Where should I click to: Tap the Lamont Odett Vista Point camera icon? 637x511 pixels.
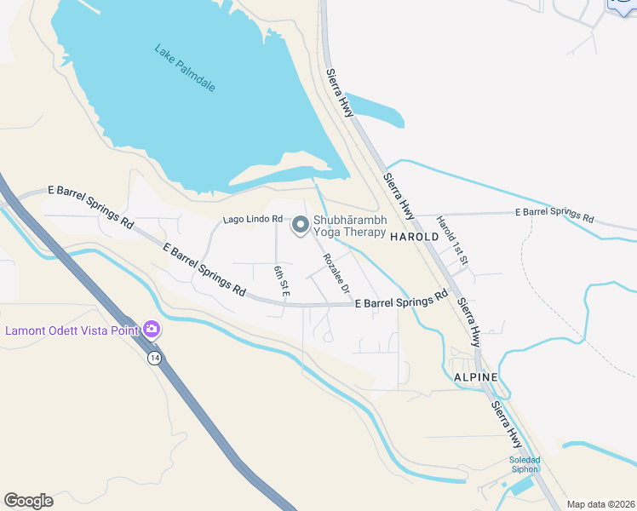click(x=152, y=328)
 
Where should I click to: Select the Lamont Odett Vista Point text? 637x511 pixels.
click(x=72, y=330)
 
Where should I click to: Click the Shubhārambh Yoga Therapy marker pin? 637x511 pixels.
click(x=300, y=225)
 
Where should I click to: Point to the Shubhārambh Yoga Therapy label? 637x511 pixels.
click(x=350, y=226)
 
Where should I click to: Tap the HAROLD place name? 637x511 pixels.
click(x=414, y=237)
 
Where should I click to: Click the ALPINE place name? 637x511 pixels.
click(x=475, y=376)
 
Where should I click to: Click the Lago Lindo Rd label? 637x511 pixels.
click(x=252, y=220)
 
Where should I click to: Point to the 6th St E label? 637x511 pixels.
click(x=282, y=281)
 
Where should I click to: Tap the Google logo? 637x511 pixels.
click(x=28, y=501)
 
